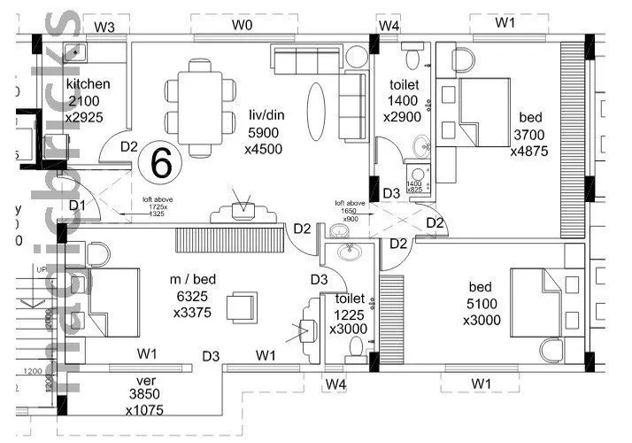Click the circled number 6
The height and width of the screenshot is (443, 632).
pos(161,162)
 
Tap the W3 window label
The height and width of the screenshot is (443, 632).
pos(104,27)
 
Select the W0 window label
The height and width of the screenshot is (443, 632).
pos(243,26)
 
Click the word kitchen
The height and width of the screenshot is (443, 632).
pos(89,84)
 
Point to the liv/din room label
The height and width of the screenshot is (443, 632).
pos(266,114)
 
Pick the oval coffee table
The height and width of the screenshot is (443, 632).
pos(316,108)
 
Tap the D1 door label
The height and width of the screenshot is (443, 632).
pos(77,206)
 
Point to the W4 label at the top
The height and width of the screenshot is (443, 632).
pos(389,26)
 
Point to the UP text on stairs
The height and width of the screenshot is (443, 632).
pos(39,268)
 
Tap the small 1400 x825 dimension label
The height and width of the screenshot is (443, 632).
pos(414,185)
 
